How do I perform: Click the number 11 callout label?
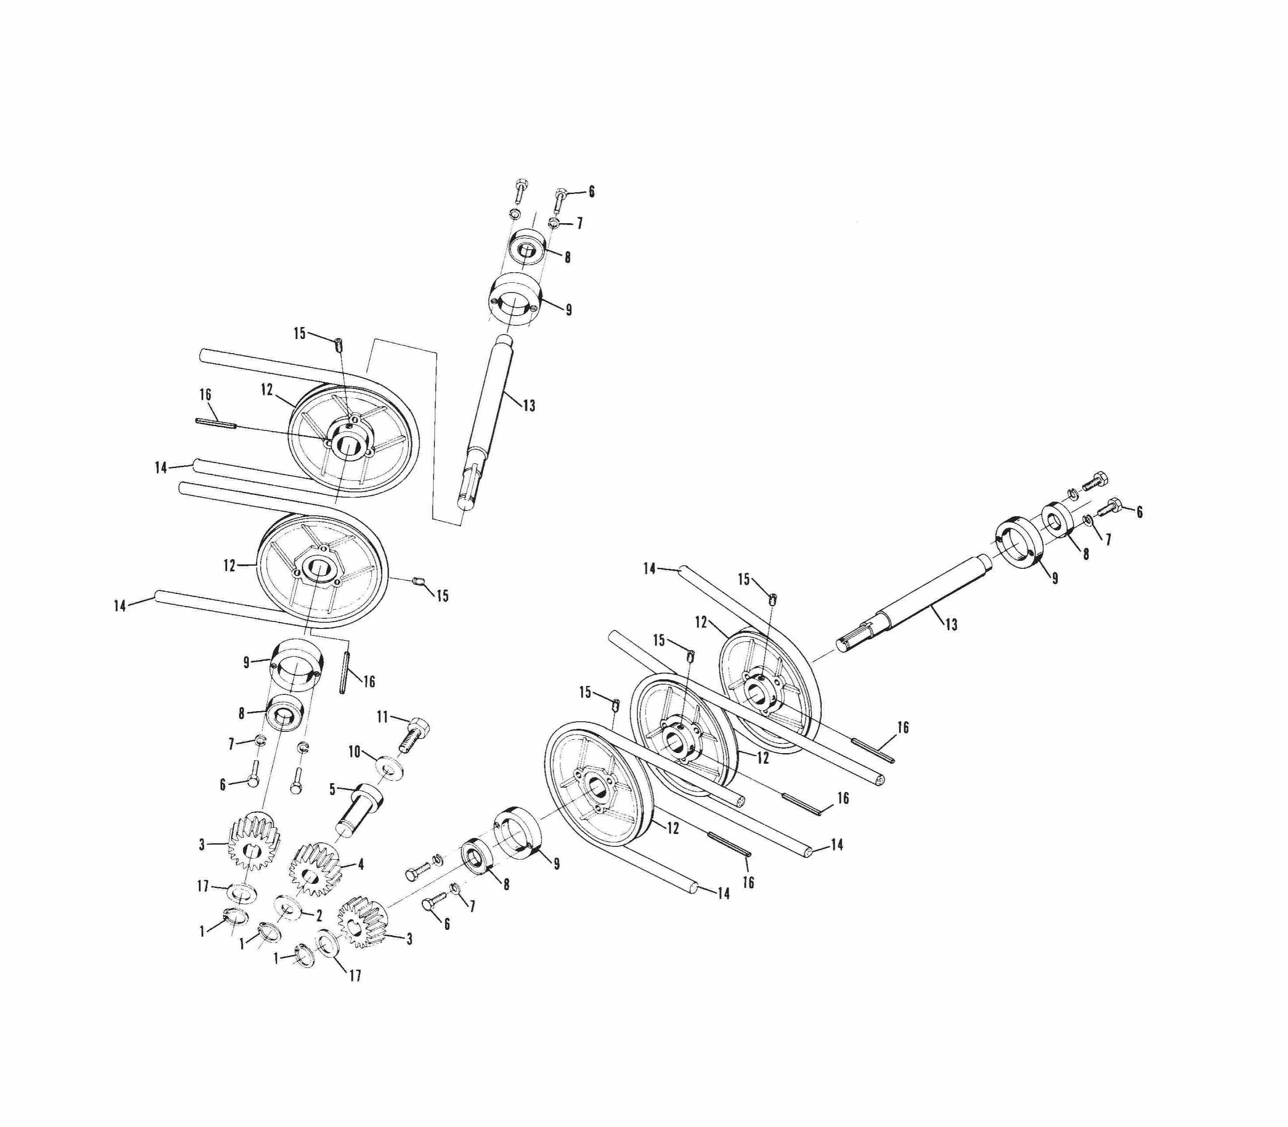(x=382, y=716)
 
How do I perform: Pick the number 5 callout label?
(x=333, y=789)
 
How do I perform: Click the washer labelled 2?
(x=287, y=907)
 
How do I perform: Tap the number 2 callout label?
(x=319, y=916)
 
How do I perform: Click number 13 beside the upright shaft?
(x=529, y=406)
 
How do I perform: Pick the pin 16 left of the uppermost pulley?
(x=216, y=423)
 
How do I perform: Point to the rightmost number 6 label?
(x=1139, y=512)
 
